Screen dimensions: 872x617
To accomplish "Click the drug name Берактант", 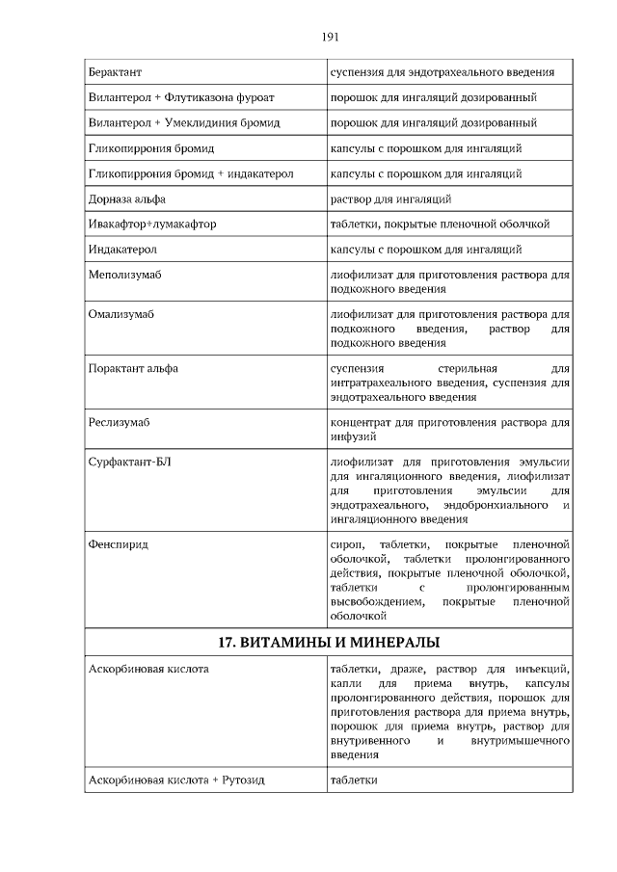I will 114,72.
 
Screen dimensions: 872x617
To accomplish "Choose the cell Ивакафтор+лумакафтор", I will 151,224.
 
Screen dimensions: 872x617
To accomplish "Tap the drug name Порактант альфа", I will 133,368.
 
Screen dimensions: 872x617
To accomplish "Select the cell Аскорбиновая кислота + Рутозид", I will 175,780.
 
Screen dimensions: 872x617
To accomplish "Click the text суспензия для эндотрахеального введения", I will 442,72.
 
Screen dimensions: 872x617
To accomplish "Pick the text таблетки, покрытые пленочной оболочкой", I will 440,224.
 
